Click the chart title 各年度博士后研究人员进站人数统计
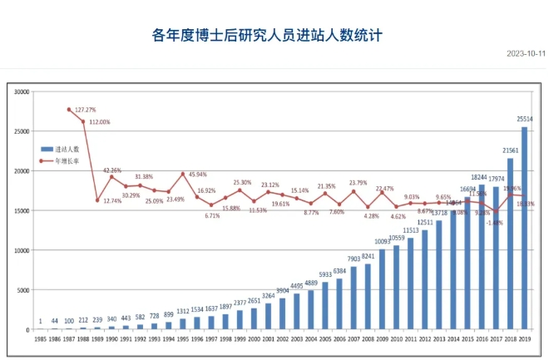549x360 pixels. [274, 35]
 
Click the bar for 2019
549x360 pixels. [524, 228]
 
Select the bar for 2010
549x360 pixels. [396, 287]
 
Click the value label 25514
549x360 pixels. [526, 120]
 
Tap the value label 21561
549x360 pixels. [511, 150]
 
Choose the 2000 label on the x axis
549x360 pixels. [254, 338]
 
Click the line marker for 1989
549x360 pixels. [97, 200]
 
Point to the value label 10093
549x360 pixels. [381, 242]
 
